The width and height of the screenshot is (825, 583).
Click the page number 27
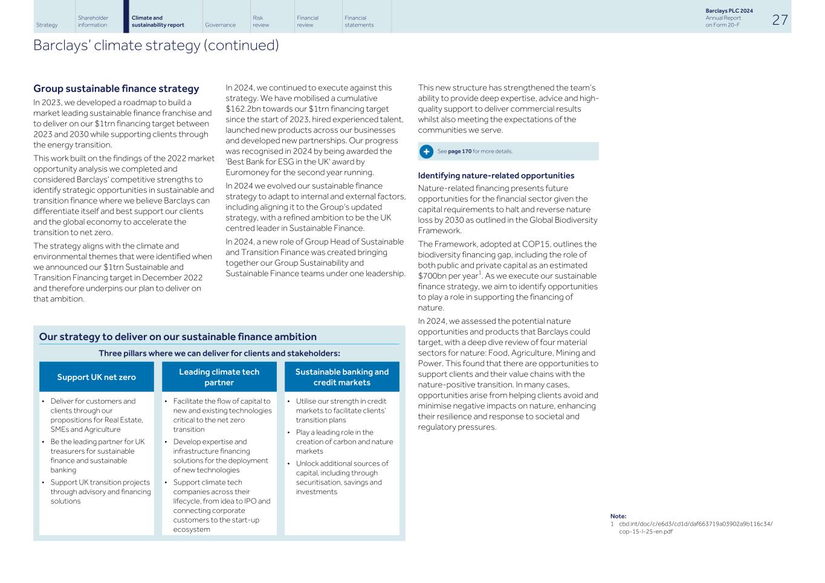point(780,19)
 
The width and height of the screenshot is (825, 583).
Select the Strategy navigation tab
point(47,25)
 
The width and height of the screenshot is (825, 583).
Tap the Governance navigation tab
point(220,25)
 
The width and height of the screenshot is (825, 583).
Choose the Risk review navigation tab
point(260,21)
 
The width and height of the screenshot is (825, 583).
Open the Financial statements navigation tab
point(359,21)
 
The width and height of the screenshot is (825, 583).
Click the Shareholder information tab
point(93,21)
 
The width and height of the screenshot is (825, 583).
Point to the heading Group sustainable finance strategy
point(116,89)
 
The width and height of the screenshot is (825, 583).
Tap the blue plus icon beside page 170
point(426,151)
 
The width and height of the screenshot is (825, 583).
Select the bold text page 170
point(459,151)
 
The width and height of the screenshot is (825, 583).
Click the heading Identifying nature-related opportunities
point(496,176)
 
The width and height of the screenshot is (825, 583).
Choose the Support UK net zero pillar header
point(97,377)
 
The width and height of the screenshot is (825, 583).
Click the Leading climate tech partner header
point(219,377)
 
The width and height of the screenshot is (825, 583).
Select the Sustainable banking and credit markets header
point(341,377)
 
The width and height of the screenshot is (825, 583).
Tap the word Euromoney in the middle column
point(248,172)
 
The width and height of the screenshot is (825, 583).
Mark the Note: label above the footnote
point(618,516)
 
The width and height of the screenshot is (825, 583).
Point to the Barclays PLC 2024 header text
point(729,11)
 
